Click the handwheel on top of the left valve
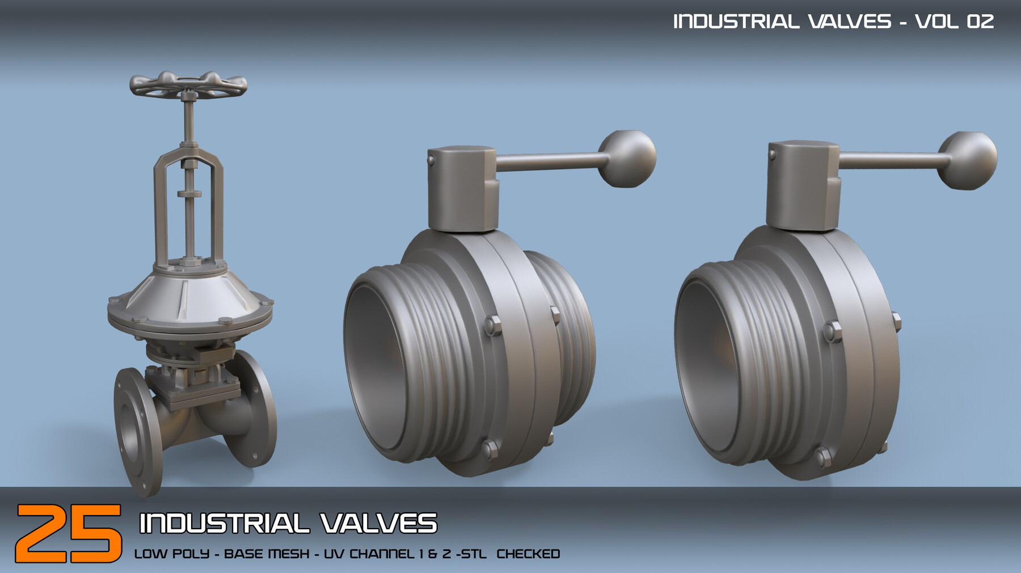188,85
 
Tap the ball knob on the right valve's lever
967,161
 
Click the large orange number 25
68,533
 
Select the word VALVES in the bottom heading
378,523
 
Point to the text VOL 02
954,22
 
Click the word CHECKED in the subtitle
528,554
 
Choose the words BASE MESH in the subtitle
267,554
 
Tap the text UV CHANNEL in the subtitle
369,554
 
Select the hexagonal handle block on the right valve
802,187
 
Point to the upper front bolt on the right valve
832,331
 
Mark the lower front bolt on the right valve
823,456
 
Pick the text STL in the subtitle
474,554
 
